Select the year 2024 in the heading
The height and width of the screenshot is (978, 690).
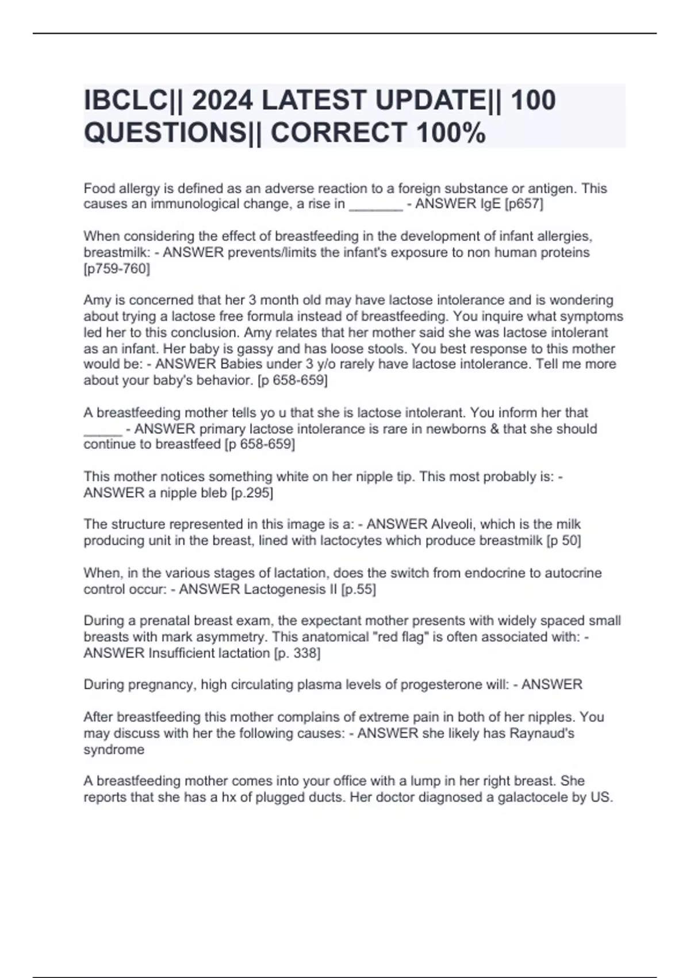(x=222, y=100)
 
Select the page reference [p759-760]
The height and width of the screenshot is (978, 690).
(x=117, y=269)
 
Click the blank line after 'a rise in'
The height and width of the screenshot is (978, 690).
(x=375, y=205)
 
